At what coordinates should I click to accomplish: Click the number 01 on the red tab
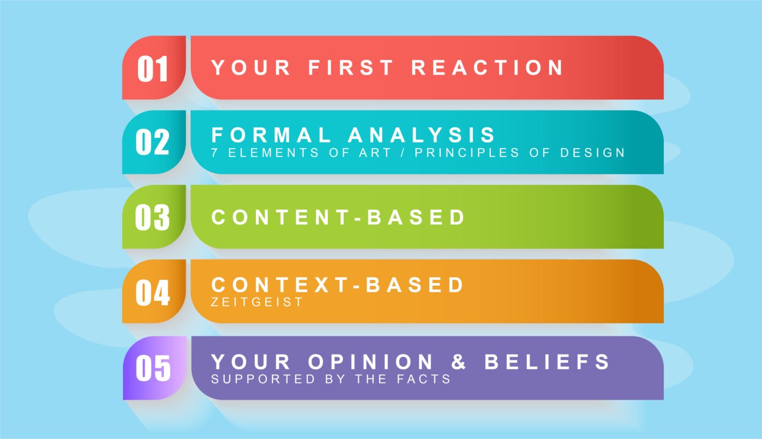153,69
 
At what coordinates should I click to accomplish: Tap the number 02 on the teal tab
152,142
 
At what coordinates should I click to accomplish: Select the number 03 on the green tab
152,217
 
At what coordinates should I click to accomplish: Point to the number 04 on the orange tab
153,292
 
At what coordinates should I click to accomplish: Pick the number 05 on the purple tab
153,368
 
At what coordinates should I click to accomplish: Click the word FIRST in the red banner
351,67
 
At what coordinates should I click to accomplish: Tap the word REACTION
487,67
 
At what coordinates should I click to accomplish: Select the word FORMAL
271,134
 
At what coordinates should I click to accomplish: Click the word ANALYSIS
421,134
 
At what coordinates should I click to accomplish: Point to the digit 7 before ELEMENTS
214,153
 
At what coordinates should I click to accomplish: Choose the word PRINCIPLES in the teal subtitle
467,153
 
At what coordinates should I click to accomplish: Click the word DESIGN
593,153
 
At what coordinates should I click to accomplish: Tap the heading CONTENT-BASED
338,217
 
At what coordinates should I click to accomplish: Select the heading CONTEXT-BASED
337,285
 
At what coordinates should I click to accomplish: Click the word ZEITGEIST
257,302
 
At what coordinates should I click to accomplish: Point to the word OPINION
370,362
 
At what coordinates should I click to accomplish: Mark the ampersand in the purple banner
458,362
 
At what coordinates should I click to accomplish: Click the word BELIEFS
547,362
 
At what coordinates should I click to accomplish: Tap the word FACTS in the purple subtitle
424,379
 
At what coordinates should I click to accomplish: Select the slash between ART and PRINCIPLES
403,153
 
